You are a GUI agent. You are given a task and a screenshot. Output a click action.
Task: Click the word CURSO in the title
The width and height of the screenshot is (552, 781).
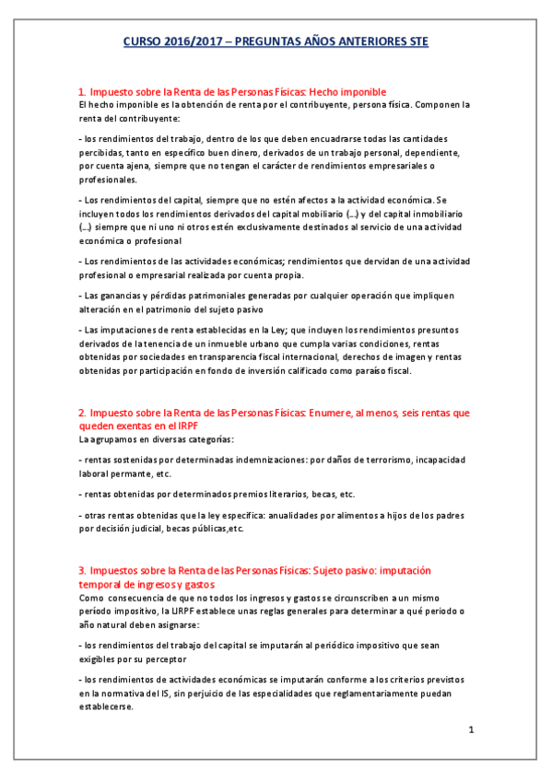click(x=143, y=42)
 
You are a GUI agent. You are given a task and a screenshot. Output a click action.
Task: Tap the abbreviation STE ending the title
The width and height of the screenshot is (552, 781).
click(x=416, y=42)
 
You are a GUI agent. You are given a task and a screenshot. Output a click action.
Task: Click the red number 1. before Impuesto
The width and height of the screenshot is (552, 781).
click(x=82, y=92)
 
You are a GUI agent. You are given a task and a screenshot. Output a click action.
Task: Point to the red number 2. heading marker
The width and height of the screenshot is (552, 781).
click(x=82, y=413)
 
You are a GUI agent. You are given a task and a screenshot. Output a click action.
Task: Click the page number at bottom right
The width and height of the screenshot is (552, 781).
click(x=470, y=730)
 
